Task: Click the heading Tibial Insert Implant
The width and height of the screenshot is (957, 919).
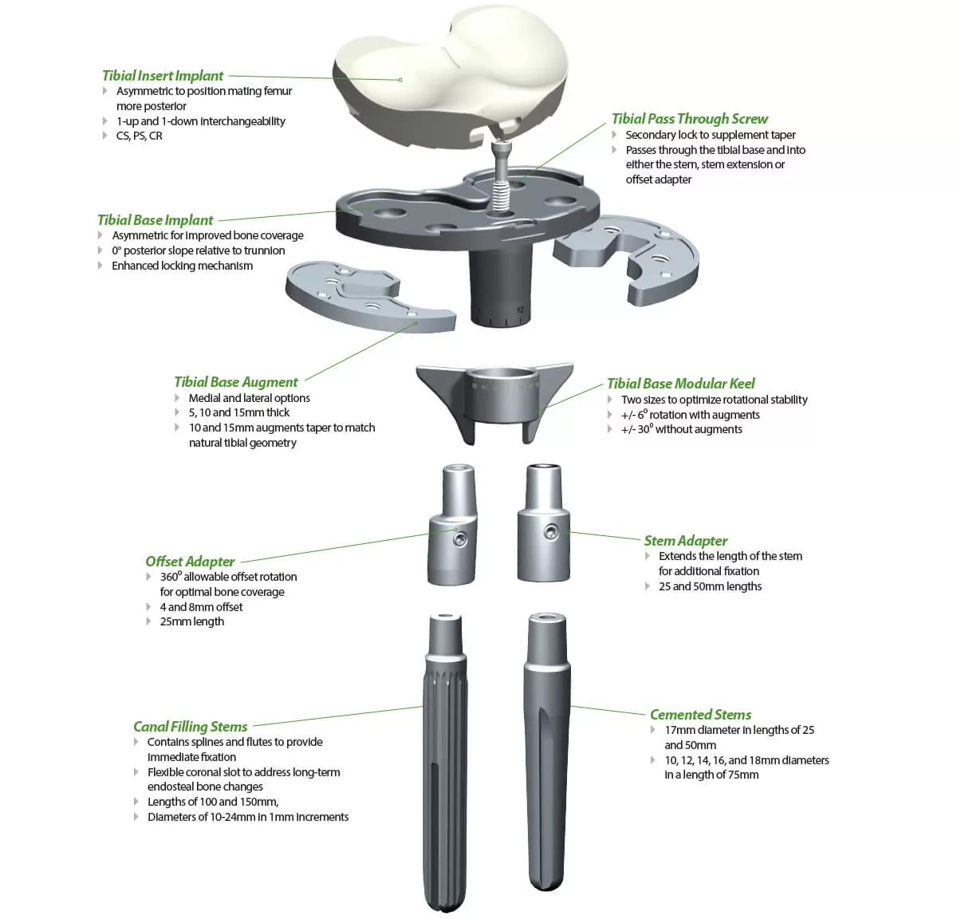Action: [163, 76]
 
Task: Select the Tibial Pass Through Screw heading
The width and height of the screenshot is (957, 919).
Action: [689, 119]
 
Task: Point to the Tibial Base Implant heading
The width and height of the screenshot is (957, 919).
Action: [156, 220]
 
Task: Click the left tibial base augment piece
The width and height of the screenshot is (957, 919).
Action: [367, 297]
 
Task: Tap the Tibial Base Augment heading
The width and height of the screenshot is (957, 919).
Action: [236, 382]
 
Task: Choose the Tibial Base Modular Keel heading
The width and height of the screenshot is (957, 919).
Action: [680, 384]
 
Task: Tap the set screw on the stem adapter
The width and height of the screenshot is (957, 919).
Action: [550, 532]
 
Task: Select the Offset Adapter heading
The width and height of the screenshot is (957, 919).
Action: [190, 562]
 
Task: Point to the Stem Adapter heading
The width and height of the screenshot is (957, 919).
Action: [686, 541]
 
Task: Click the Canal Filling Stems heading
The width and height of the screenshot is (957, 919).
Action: [190, 727]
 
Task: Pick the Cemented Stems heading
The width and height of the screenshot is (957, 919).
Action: [700, 715]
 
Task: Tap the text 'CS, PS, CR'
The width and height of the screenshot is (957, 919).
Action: [139, 136]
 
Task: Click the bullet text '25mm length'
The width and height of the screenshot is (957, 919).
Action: [191, 622]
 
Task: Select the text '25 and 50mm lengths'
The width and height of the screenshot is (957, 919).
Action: [710, 586]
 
